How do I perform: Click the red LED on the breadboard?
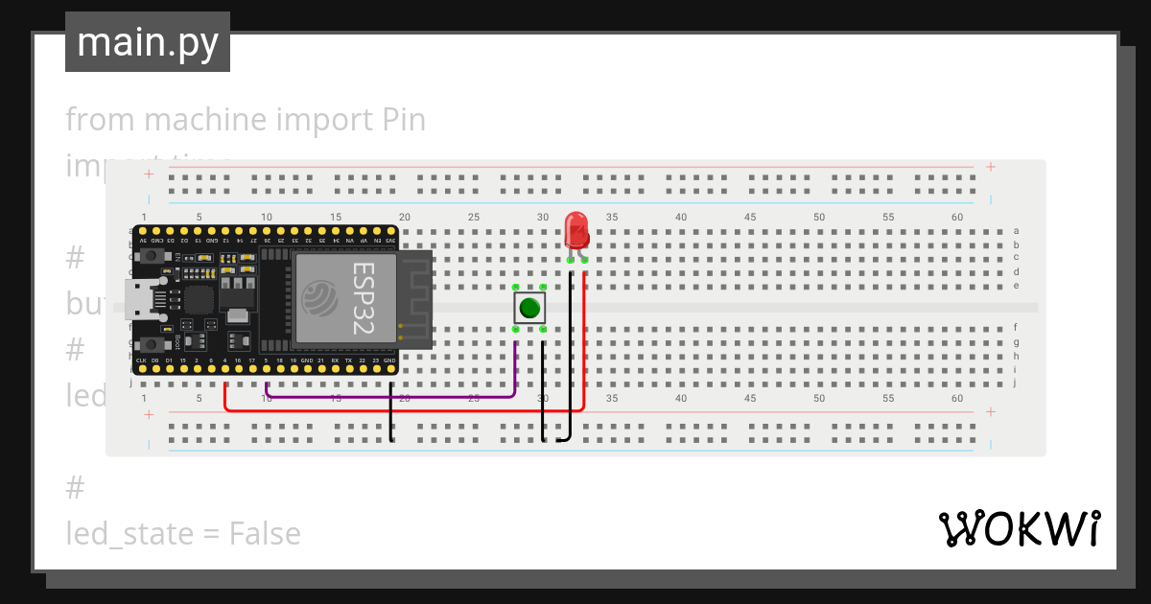(x=576, y=230)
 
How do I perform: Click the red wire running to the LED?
(x=403, y=410)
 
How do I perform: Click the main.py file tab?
(x=148, y=42)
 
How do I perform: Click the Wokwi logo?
(x=1019, y=529)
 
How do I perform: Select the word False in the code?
(x=265, y=533)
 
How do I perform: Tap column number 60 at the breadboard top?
(x=957, y=218)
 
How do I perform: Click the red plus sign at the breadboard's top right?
(x=991, y=167)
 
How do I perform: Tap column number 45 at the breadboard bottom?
(x=750, y=398)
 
